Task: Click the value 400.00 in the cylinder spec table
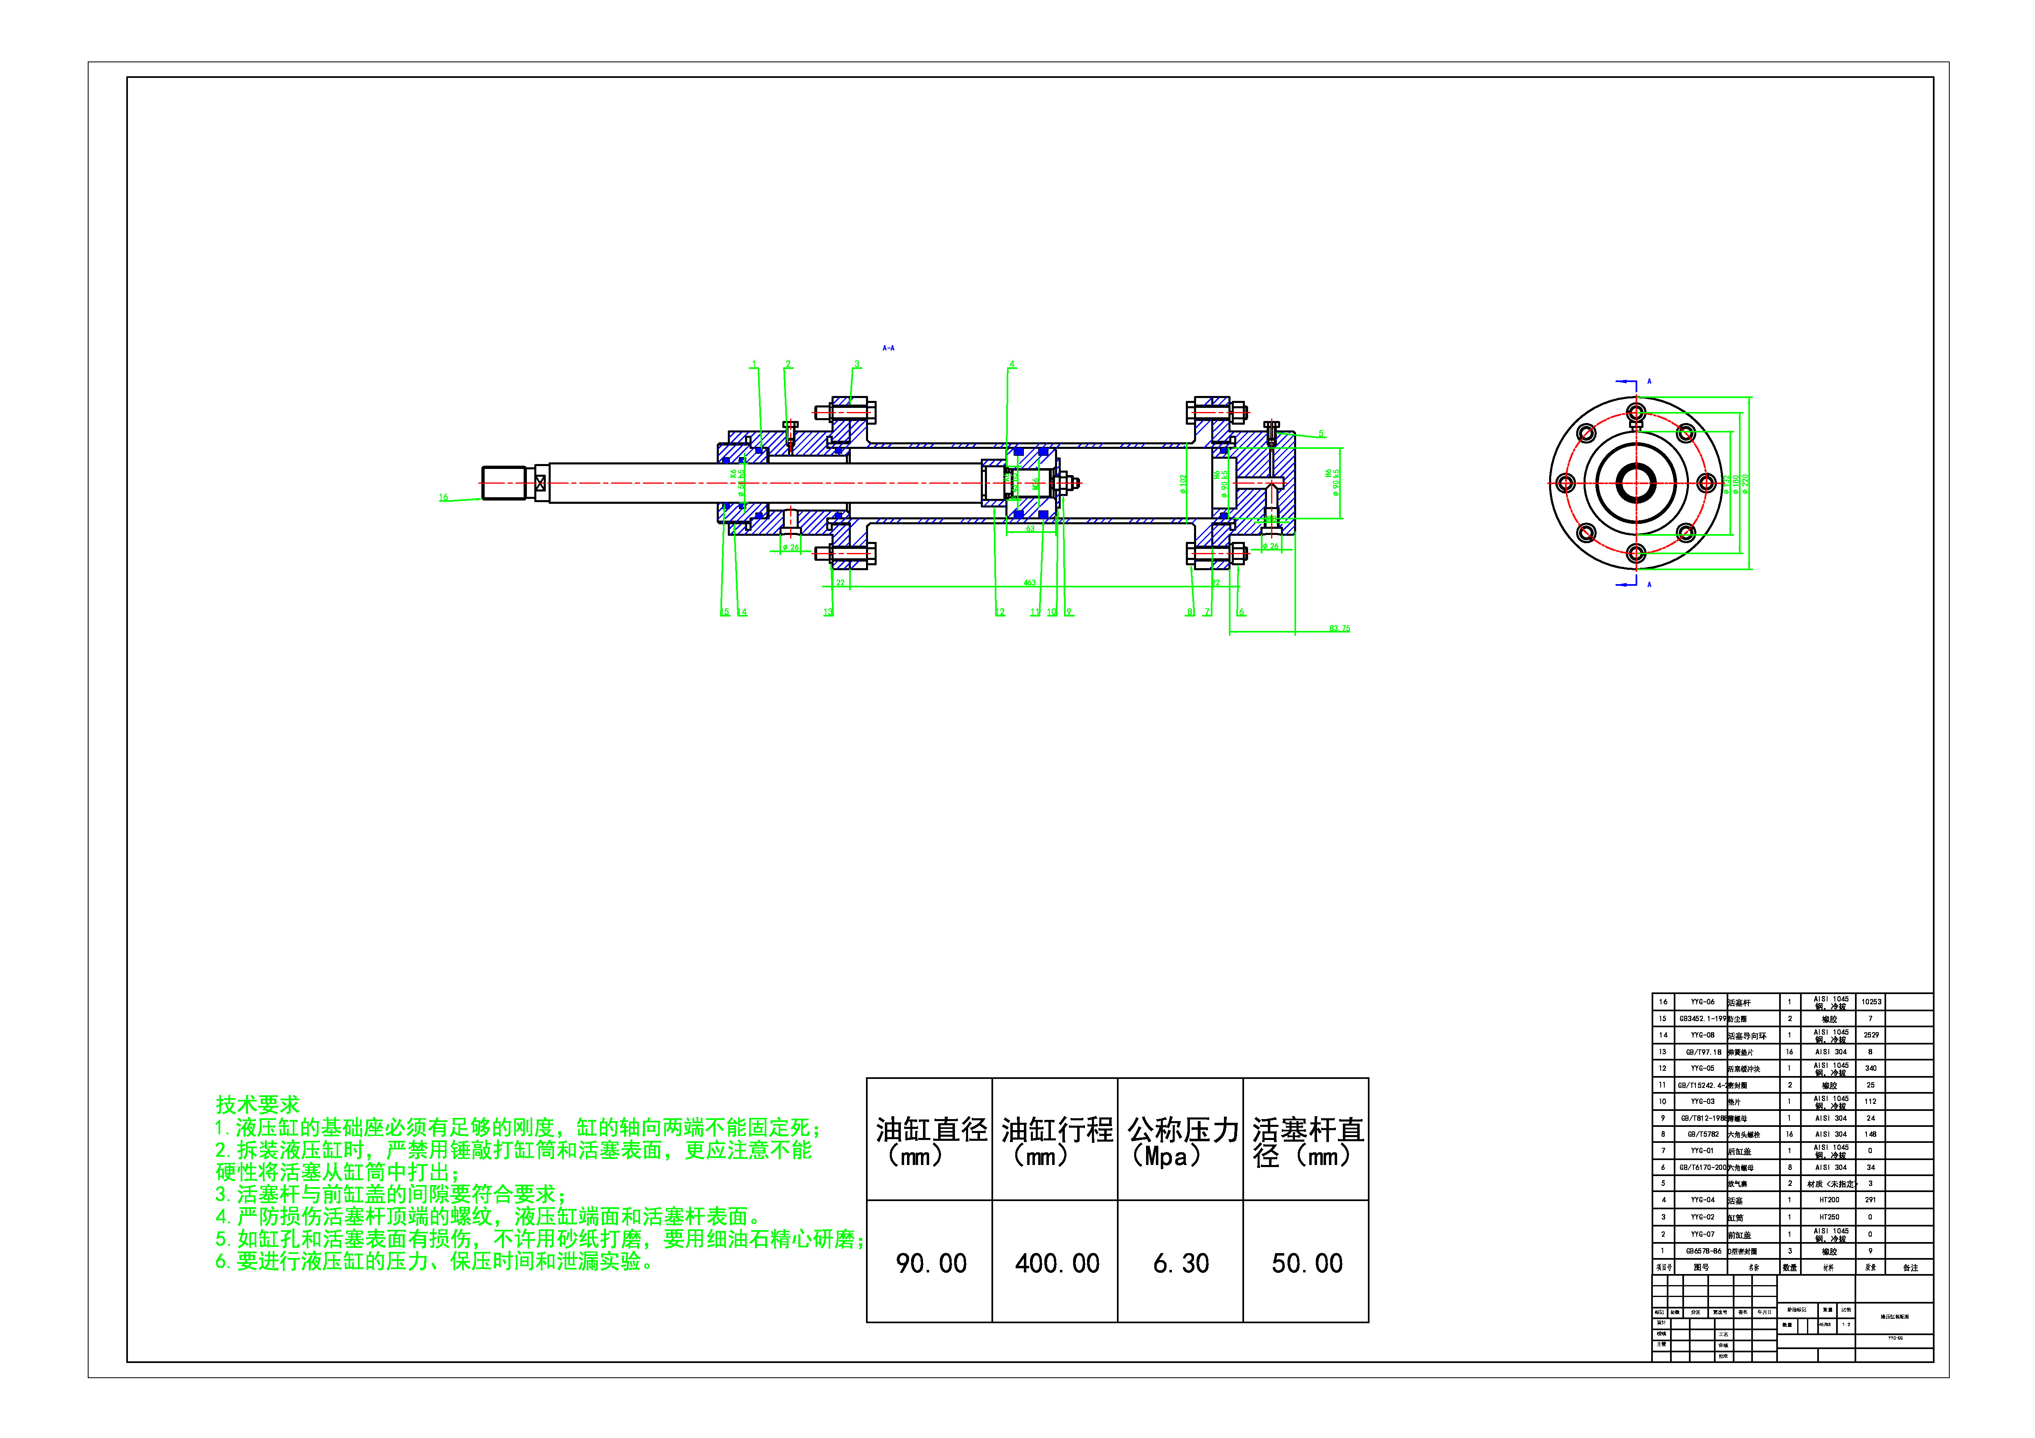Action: [x=1057, y=1263]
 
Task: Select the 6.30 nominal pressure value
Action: [x=1180, y=1263]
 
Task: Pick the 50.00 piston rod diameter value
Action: [x=1306, y=1263]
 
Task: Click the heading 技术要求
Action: [x=257, y=1104]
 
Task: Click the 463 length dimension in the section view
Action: [x=1029, y=583]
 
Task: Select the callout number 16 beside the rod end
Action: [x=443, y=498]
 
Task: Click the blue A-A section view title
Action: [x=888, y=348]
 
